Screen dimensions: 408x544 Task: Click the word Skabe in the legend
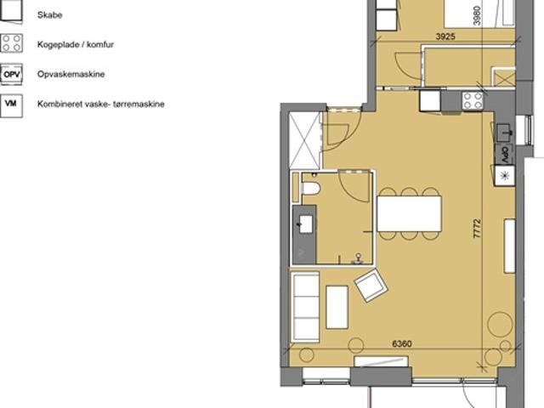[48, 14]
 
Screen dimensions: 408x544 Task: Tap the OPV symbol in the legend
[11, 74]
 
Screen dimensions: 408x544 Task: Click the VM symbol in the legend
[11, 104]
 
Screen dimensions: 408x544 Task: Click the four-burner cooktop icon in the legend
[11, 43]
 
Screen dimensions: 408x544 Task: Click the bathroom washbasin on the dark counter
[304, 225]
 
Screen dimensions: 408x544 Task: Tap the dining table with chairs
[410, 213]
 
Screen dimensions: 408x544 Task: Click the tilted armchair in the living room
[371, 286]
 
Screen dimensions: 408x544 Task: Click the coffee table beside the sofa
[337, 307]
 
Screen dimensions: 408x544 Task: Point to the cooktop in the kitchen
[472, 101]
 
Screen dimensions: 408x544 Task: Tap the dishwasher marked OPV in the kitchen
[504, 155]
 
